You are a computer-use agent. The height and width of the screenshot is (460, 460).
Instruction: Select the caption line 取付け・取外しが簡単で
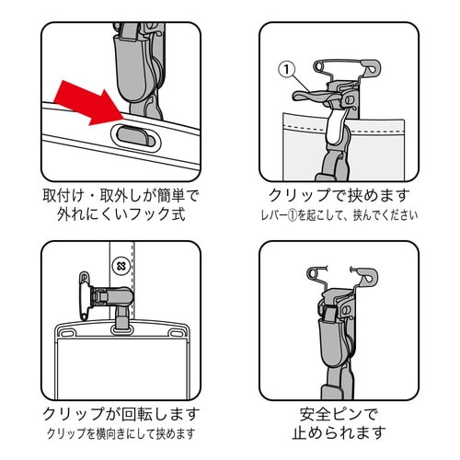pos(121,197)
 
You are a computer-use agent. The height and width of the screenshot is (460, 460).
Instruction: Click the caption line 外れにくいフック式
pos(121,219)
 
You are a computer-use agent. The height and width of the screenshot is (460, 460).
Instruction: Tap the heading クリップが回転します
pos(121,413)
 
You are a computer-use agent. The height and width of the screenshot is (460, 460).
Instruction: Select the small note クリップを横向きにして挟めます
pos(121,433)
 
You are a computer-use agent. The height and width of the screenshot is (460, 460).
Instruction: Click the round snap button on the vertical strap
pos(120,267)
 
